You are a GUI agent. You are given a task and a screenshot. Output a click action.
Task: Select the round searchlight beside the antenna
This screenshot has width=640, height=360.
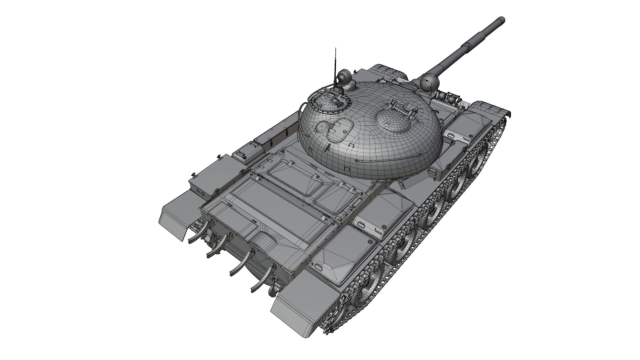tap(344, 77)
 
